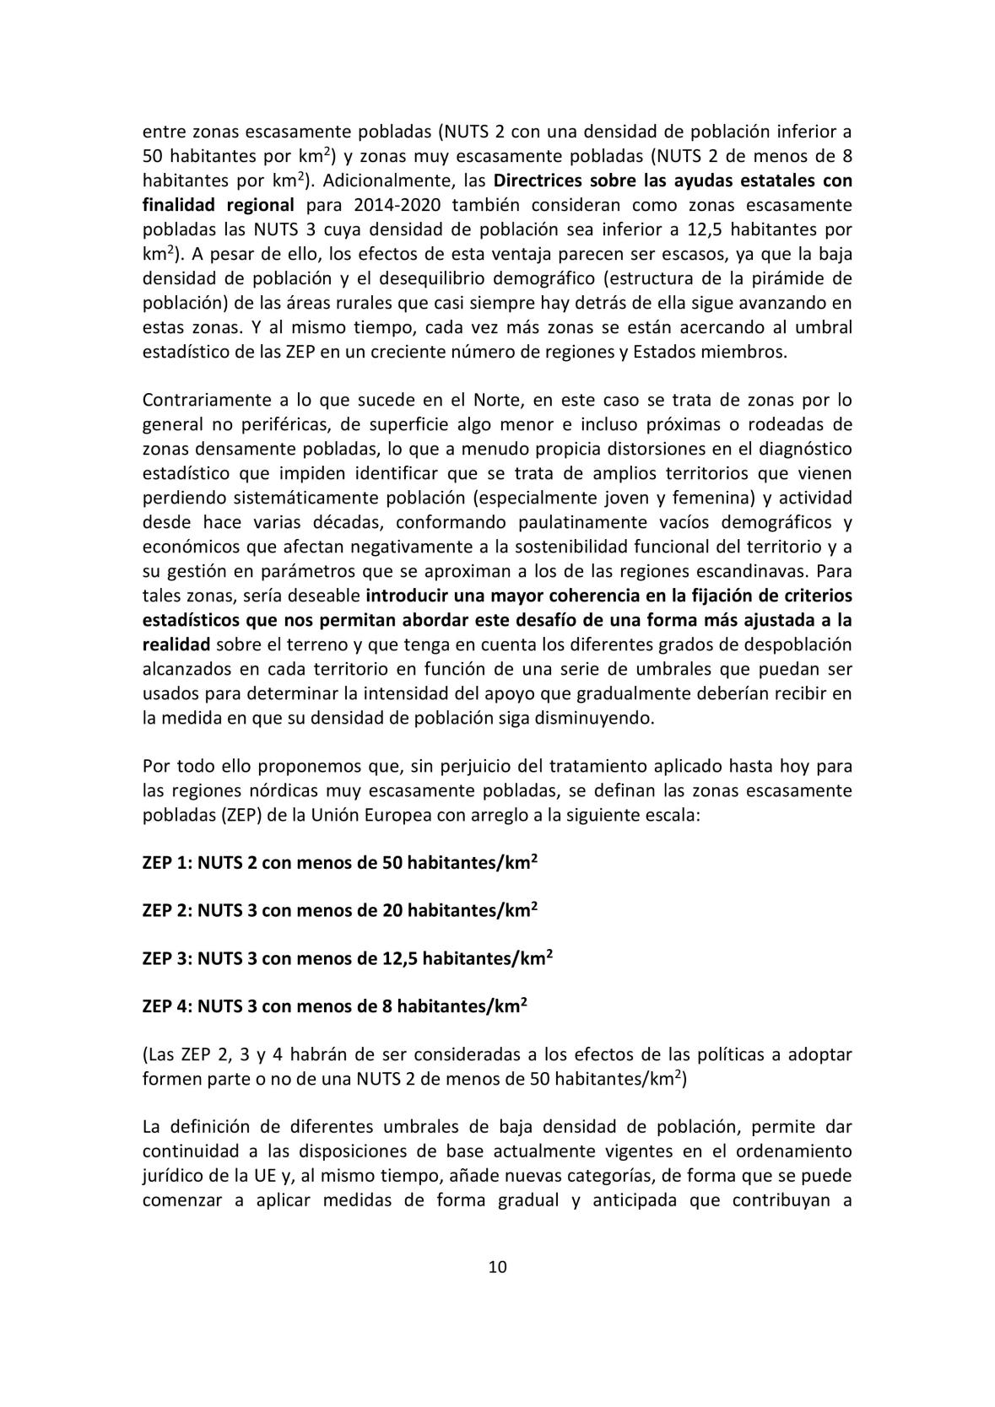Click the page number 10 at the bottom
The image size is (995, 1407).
(497, 1267)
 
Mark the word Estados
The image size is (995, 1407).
(682, 352)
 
